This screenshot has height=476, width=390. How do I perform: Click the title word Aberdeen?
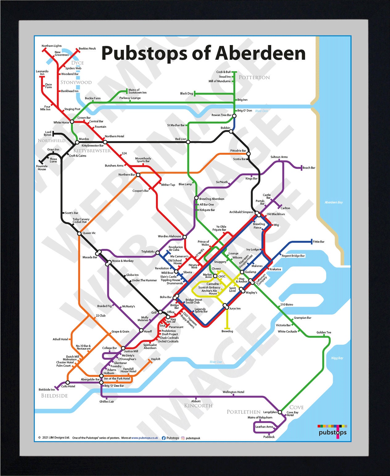tap(260, 53)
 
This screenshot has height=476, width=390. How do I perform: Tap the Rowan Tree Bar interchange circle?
tap(234, 116)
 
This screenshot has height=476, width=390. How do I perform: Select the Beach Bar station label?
tap(309, 168)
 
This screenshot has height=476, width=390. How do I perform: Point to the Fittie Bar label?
tap(318, 242)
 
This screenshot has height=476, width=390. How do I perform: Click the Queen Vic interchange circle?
tap(79, 233)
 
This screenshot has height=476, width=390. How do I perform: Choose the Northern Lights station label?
tap(51, 46)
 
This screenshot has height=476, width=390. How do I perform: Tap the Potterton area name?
tap(254, 77)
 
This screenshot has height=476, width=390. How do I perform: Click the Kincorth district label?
tap(198, 406)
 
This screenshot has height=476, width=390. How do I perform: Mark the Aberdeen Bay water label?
tap(334, 202)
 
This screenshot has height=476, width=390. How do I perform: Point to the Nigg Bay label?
tap(337, 358)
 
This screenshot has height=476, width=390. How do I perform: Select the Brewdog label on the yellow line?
tap(227, 331)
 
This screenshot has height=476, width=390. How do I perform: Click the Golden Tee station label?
tap(324, 332)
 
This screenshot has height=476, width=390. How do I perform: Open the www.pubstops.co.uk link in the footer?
tap(145, 438)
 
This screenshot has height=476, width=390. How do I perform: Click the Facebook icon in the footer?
tap(164, 438)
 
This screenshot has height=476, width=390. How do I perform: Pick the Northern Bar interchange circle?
tap(138, 175)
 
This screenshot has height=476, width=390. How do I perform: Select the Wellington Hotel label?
tap(233, 392)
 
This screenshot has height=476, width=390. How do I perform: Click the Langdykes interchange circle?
tap(280, 412)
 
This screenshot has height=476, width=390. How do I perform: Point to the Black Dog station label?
tap(187, 93)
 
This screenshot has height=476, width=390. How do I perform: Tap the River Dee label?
tap(216, 362)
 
